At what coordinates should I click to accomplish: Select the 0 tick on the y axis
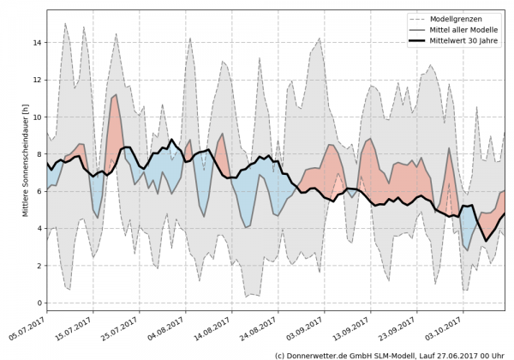click(x=38, y=303)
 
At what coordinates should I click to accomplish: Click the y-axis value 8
click(x=38, y=154)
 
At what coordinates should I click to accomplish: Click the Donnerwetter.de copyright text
click(x=389, y=354)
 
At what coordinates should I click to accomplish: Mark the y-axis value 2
click(x=38, y=266)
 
